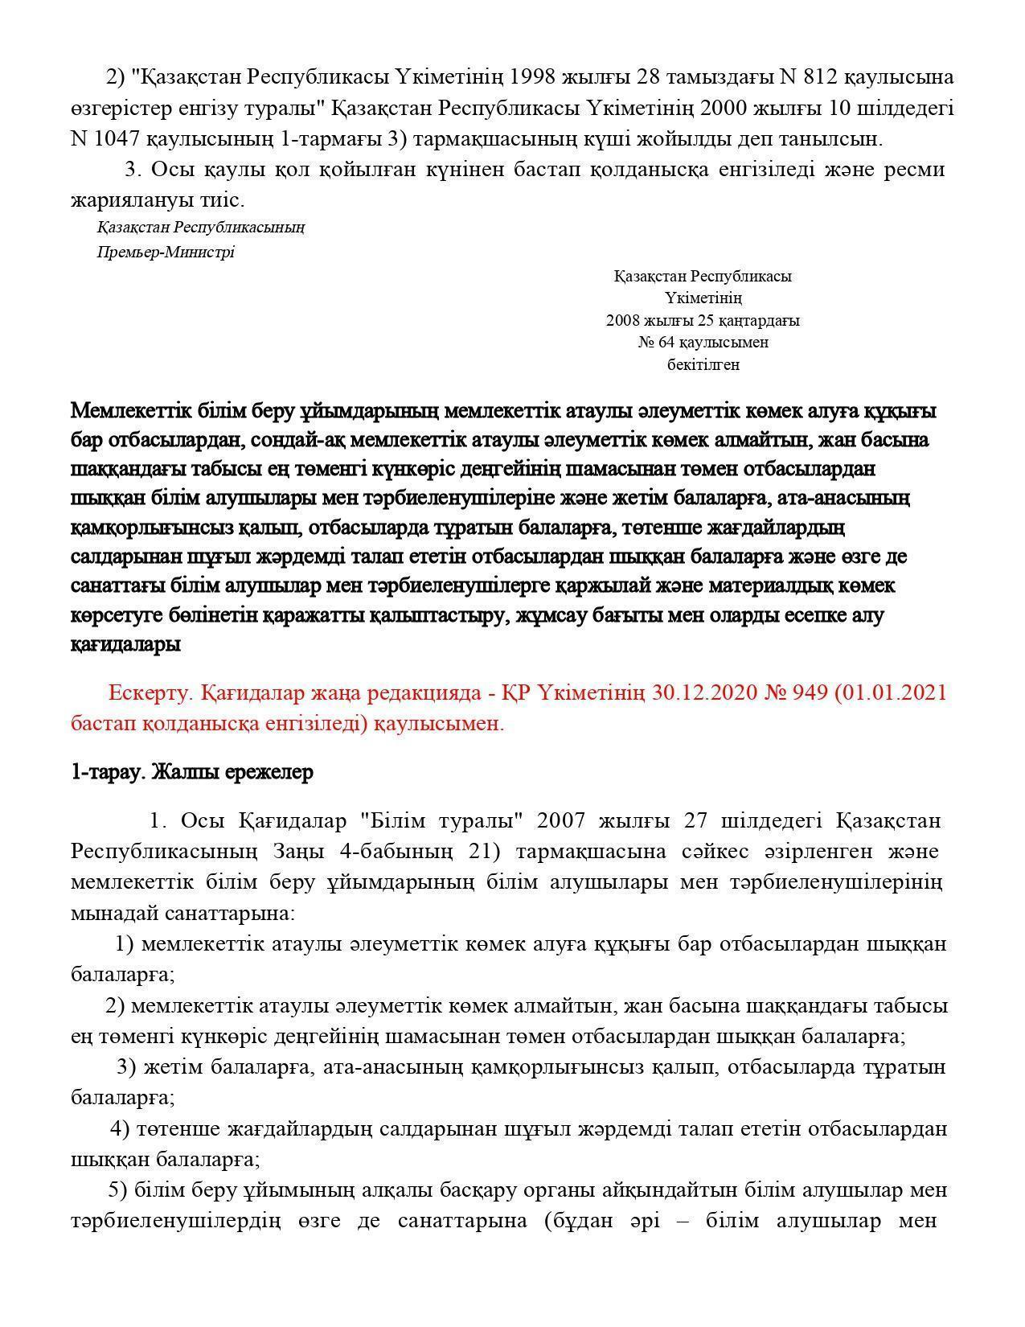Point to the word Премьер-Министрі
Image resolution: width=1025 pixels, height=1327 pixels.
point(166,252)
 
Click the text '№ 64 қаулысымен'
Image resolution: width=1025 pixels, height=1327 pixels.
point(703,343)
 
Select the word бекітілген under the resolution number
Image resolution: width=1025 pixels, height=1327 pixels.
point(703,364)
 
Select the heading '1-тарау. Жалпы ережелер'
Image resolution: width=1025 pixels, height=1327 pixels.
point(191,772)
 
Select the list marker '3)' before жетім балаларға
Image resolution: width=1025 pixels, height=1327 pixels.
point(126,1067)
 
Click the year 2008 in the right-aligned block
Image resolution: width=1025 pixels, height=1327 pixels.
point(622,320)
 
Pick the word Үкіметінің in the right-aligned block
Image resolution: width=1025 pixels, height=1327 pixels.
point(703,298)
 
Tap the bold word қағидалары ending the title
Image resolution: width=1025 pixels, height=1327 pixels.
point(125,644)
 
